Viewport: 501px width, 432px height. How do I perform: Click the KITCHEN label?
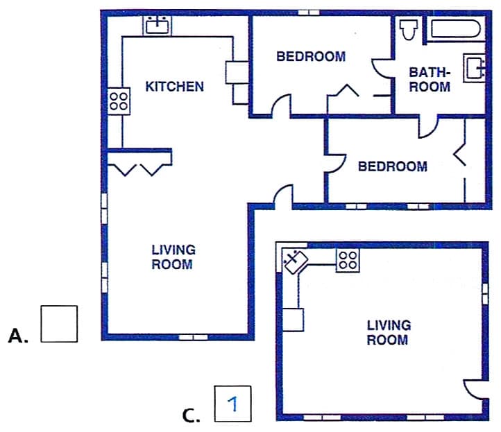[x=174, y=87]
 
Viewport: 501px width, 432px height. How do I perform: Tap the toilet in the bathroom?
[x=409, y=29]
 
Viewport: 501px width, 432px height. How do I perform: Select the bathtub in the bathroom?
[x=456, y=29]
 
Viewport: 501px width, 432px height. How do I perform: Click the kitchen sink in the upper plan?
[x=158, y=26]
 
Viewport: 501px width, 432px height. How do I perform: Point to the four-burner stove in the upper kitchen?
[x=119, y=101]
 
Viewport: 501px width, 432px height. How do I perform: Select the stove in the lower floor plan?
[x=348, y=260]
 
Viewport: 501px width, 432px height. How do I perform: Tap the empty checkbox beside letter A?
[x=59, y=324]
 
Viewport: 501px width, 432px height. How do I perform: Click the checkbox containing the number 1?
[x=232, y=404]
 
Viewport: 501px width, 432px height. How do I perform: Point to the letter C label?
[x=191, y=415]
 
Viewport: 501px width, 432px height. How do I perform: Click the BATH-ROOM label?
[x=430, y=80]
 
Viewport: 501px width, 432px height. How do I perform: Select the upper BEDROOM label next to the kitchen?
[x=311, y=57]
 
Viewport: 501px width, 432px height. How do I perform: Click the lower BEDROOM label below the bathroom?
[x=392, y=166]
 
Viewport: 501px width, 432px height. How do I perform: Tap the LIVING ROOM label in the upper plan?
[x=173, y=257]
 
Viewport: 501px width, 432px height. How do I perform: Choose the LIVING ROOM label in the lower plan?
[x=389, y=332]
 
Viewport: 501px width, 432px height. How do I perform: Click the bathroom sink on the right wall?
[x=475, y=68]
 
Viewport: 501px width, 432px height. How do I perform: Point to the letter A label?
[x=18, y=336]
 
